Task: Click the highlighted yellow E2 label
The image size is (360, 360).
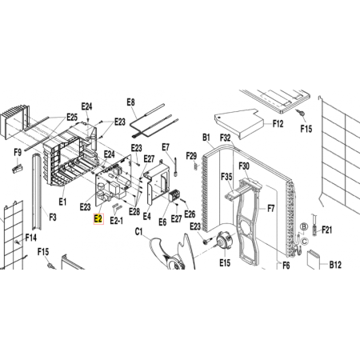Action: [x=98, y=219]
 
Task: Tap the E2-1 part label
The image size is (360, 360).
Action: [x=117, y=221]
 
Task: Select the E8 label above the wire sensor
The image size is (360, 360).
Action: [x=130, y=102]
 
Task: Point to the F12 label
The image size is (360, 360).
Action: [x=278, y=124]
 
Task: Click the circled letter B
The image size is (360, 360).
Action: [x=304, y=226]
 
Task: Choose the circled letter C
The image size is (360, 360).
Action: [x=305, y=242]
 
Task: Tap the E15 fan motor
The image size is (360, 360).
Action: [x=222, y=241]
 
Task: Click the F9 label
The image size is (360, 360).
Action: [x=18, y=153]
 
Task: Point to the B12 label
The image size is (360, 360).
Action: [x=335, y=265]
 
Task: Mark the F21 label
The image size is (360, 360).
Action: [x=327, y=230]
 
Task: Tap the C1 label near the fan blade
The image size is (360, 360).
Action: [x=138, y=232]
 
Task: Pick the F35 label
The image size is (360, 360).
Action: [x=226, y=177]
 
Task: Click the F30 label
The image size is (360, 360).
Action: [x=244, y=166]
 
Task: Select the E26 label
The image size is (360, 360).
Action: [x=190, y=214]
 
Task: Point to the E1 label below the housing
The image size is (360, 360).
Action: [x=62, y=202]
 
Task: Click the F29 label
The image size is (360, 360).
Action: [x=191, y=156]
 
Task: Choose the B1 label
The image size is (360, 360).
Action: [x=206, y=138]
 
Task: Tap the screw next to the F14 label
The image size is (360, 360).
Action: [x=18, y=242]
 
